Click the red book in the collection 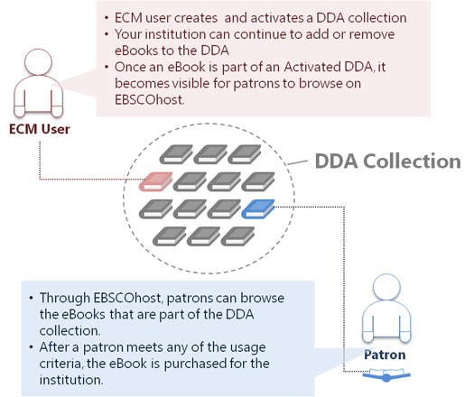(x=155, y=181)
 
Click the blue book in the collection (x=258, y=208)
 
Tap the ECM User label (x=40, y=129)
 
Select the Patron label (x=385, y=355)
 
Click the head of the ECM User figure (x=39, y=62)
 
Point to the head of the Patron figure (x=386, y=287)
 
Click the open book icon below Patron (x=386, y=374)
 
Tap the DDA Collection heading (x=388, y=161)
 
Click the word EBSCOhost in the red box (x=149, y=100)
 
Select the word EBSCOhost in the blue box (x=128, y=298)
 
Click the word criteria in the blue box (x=60, y=363)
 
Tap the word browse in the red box (x=321, y=83)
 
